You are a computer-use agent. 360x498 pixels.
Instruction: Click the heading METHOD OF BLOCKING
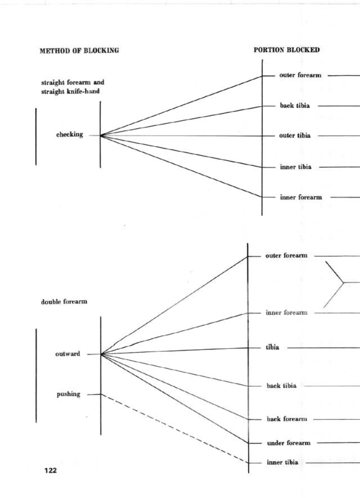pos(79,51)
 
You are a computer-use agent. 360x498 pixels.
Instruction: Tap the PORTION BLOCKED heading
pos(287,50)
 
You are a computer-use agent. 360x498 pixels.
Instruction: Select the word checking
pos(69,134)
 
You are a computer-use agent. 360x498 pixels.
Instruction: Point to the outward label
pos(68,354)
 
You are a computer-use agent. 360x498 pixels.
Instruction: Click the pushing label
pos(69,394)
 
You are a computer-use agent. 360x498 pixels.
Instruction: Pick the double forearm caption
pos(64,302)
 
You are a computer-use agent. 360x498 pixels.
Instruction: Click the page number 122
pos(50,470)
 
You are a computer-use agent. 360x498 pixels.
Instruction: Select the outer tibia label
pos(295,135)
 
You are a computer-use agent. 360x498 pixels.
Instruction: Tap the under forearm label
pos(289,443)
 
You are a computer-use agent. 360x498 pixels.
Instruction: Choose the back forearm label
pos(287,419)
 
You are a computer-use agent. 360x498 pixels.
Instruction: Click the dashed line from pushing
pos(174,428)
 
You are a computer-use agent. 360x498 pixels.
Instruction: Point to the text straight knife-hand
pos(70,91)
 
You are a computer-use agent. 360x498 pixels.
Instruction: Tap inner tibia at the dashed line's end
pos(282,462)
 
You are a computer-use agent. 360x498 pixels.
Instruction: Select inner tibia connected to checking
pos(296,167)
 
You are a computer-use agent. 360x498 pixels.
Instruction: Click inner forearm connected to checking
pos(301,197)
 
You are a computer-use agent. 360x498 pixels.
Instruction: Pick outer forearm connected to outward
pos(286,256)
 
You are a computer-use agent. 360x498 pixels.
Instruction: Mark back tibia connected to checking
pos(295,106)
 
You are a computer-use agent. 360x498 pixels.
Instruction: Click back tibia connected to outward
pos(281,385)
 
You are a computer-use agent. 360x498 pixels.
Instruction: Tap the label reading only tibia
pos(272,347)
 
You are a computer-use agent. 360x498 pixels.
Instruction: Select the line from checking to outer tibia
pos(180,136)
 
